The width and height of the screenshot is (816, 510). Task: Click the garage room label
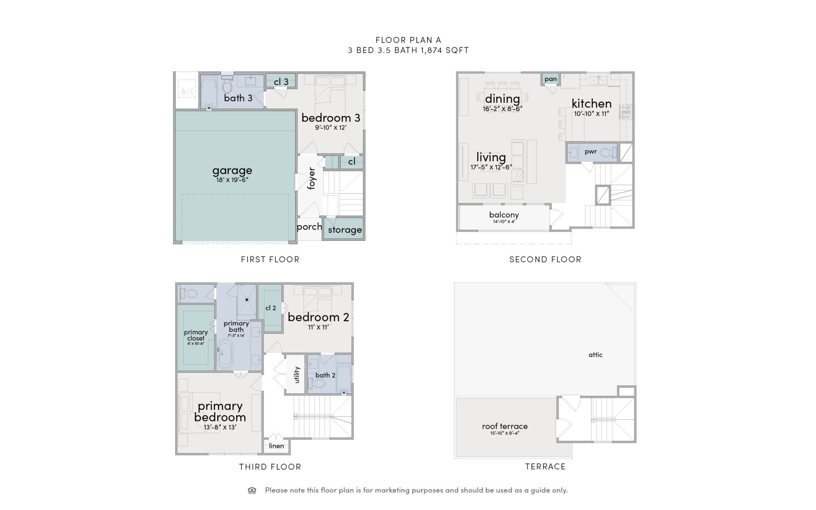click(x=232, y=171)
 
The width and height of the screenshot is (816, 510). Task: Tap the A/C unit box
click(x=188, y=91)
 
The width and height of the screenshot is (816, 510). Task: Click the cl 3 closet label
click(x=281, y=82)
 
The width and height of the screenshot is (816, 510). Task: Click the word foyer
click(x=312, y=178)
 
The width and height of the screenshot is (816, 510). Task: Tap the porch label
click(x=309, y=227)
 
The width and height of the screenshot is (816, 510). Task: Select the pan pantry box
click(x=550, y=79)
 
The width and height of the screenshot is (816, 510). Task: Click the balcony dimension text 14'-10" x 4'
click(x=504, y=222)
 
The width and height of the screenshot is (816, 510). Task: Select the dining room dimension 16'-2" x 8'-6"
click(x=502, y=109)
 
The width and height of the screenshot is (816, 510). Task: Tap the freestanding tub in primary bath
click(x=224, y=353)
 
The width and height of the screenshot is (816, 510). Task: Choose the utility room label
click(x=297, y=375)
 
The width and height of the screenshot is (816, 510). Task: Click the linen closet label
click(x=276, y=446)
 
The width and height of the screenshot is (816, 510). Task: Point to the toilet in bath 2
click(x=314, y=384)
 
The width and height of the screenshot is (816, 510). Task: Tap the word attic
click(x=595, y=355)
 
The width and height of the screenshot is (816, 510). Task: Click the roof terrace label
click(x=505, y=426)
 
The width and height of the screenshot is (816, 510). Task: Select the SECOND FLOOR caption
click(x=545, y=259)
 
